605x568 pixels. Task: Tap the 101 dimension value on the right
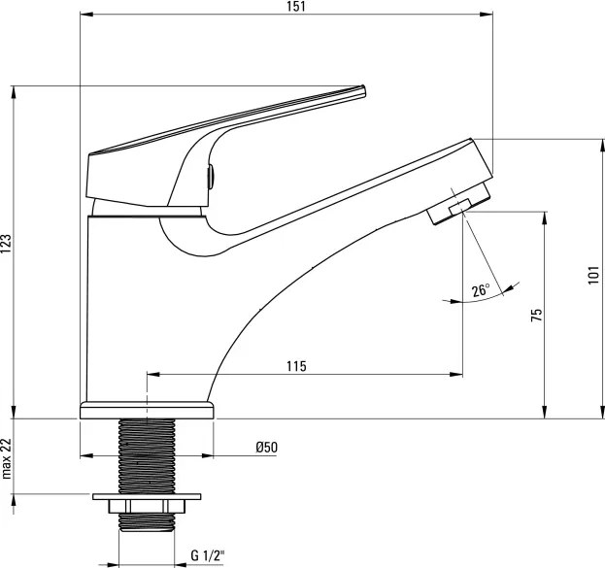click(593, 277)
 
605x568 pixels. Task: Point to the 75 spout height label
click(535, 314)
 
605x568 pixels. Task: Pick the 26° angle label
click(481, 290)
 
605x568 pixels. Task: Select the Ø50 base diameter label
click(266, 447)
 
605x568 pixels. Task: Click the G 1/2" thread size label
click(207, 556)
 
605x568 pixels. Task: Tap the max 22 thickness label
click(7, 458)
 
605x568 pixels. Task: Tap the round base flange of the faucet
click(146, 410)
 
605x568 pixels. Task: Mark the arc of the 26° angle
click(476, 303)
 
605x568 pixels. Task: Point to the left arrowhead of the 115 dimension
click(151, 374)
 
